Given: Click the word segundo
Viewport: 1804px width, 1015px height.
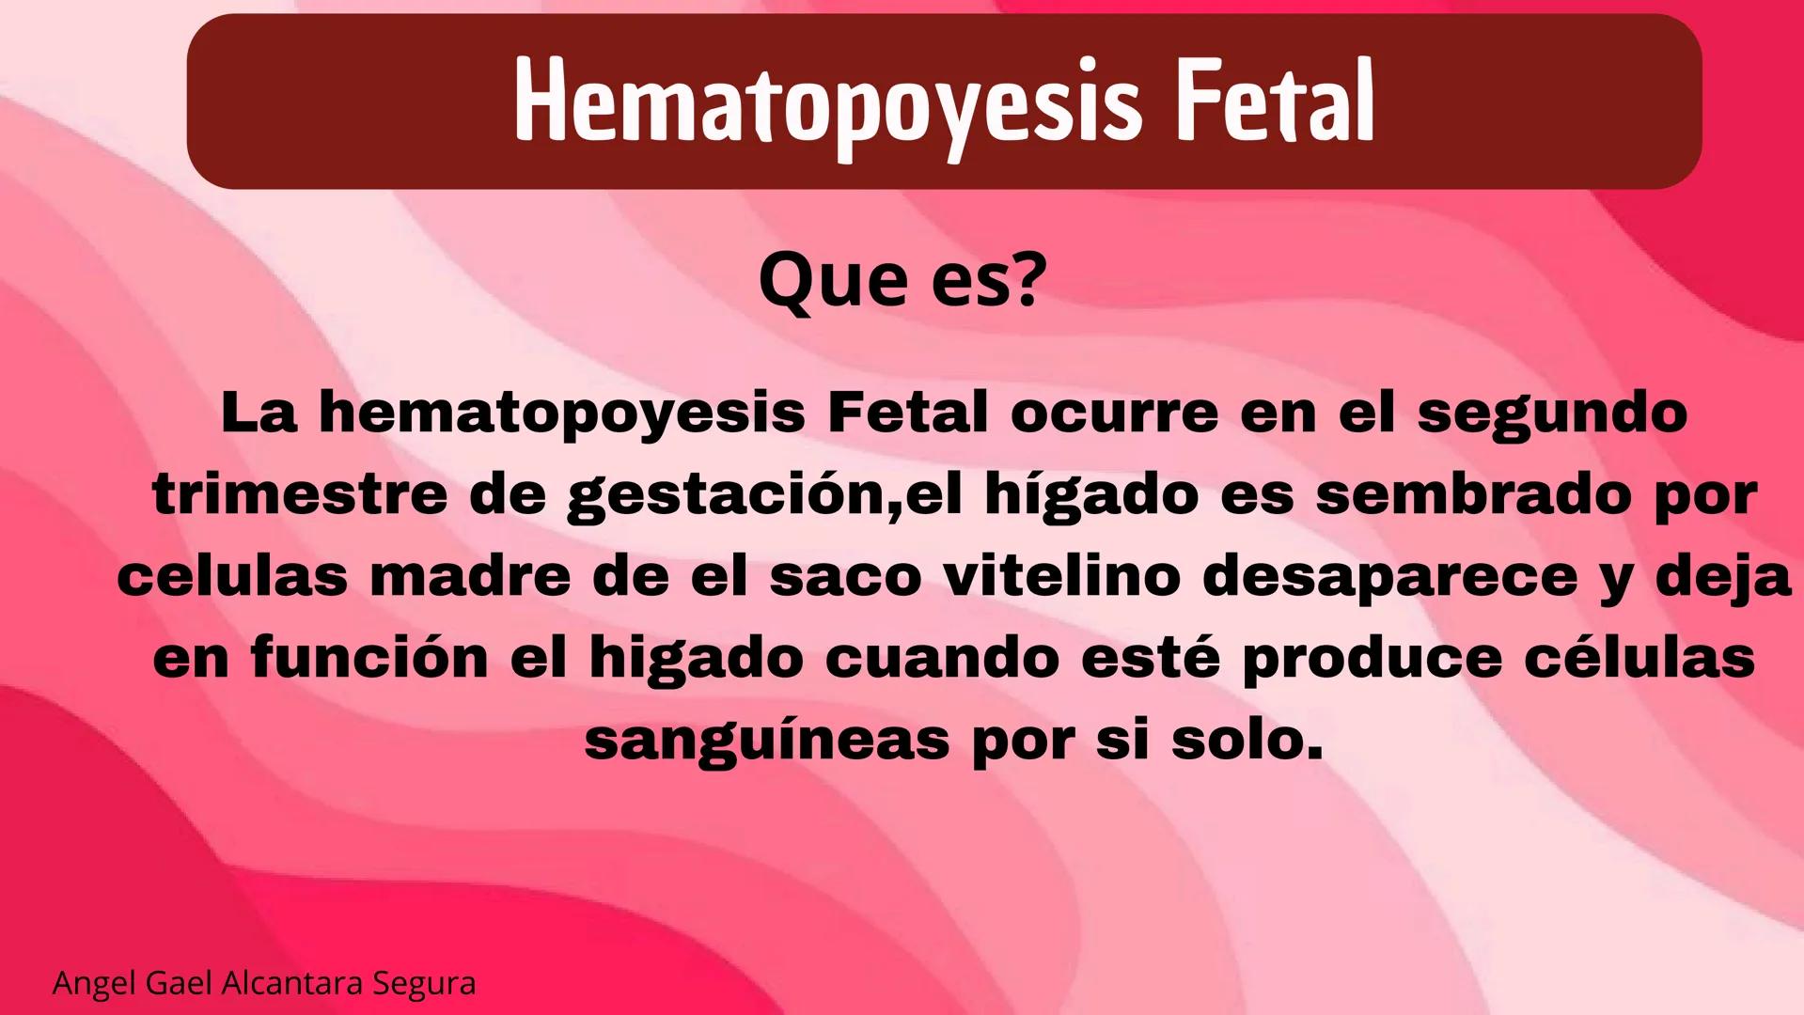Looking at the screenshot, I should pos(1551,414).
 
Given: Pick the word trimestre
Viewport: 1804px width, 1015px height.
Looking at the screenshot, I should pos(300,494).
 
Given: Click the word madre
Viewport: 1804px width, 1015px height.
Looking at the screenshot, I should pos(470,576).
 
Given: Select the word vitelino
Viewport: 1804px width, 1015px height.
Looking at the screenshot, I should pos(1062,576).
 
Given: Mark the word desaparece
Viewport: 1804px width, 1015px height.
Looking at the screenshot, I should pos(1390,576).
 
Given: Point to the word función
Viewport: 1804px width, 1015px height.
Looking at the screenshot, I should pos(369,657).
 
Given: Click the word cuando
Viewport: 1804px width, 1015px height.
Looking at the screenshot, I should pos(942,657).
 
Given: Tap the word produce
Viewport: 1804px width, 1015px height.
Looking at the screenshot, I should pos(1372,659).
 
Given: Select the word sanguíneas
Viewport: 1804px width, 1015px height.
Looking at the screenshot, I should pos(767,741).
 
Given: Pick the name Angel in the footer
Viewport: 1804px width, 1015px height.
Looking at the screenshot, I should pos(94,983).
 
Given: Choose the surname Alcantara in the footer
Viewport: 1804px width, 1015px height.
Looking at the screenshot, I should pos(294,983).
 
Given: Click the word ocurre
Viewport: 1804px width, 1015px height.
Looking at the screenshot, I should pos(1114,414).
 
